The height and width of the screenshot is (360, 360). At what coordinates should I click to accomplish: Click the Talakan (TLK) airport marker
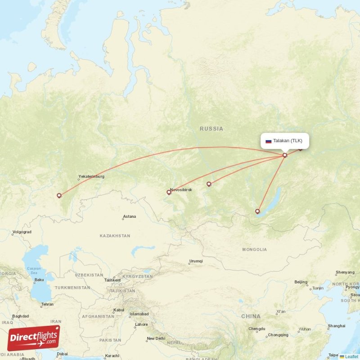[x=285, y=155]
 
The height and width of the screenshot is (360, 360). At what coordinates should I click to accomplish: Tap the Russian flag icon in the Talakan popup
[x=269, y=141]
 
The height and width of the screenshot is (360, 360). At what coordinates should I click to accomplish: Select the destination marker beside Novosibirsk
[x=169, y=192]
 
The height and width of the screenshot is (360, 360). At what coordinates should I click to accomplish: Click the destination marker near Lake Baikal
[x=257, y=211]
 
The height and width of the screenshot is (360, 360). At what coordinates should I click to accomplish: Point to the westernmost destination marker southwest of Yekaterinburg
[x=59, y=195]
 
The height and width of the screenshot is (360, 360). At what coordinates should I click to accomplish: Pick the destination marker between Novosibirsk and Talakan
[x=209, y=184]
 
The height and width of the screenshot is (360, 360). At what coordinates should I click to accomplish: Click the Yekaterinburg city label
[x=91, y=176]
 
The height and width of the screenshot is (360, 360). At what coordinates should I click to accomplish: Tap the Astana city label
[x=129, y=216]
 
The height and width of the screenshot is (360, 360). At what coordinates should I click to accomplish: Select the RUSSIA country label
[x=211, y=129]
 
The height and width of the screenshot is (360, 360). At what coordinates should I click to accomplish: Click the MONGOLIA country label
[x=254, y=249]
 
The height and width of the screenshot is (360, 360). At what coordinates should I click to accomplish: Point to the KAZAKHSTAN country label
[x=115, y=236]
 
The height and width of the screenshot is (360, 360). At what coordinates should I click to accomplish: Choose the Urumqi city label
[x=196, y=261]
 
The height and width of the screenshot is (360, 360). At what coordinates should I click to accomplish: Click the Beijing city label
[x=301, y=282]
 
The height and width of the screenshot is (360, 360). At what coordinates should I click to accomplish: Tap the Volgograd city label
[x=22, y=232]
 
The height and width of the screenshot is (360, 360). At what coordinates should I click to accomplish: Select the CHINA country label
[x=251, y=316]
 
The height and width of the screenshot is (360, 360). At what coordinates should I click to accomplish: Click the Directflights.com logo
[x=34, y=338]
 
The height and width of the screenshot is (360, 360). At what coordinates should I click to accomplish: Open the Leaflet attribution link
[x=351, y=357]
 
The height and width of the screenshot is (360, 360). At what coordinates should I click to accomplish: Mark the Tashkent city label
[x=112, y=280]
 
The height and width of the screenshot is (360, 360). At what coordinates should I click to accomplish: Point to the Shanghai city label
[x=337, y=326]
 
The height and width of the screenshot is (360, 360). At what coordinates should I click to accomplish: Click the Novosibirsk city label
[x=181, y=190]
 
